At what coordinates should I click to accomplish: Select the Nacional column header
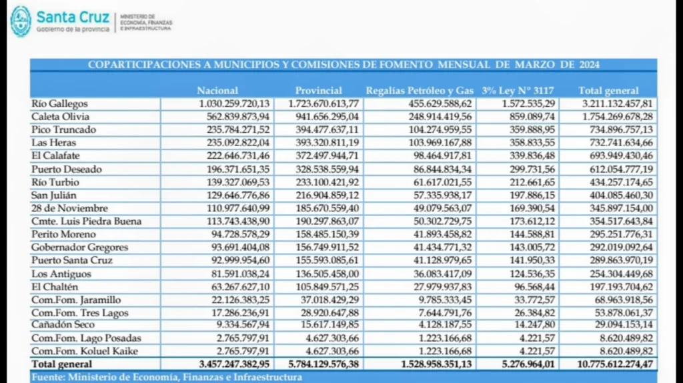tap(217, 91)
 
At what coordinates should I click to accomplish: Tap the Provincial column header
tap(318, 91)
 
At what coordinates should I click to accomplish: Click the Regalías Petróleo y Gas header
tap(420, 91)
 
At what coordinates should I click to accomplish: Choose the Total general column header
tap(608, 91)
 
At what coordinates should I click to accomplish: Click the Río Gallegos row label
tap(59, 103)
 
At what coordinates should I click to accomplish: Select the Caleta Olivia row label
tap(59, 117)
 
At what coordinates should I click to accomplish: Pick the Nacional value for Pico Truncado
tap(234, 129)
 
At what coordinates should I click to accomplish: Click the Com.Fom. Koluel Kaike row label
tap(78, 351)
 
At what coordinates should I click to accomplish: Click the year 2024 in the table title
tap(589, 65)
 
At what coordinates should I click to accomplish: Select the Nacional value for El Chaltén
tap(237, 286)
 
